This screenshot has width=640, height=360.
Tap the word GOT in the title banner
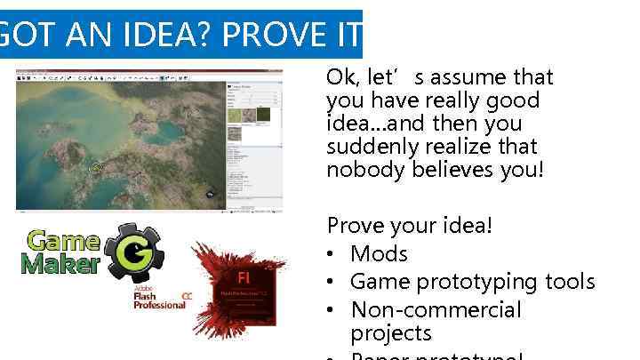(25, 36)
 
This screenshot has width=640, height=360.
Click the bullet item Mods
(380, 253)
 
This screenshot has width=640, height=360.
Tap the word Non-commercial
(436, 310)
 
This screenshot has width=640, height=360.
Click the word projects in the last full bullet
(391, 333)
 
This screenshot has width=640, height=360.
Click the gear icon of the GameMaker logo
(133, 253)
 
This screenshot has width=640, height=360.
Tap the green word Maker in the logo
(60, 264)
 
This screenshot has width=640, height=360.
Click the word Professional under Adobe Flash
(159, 305)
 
